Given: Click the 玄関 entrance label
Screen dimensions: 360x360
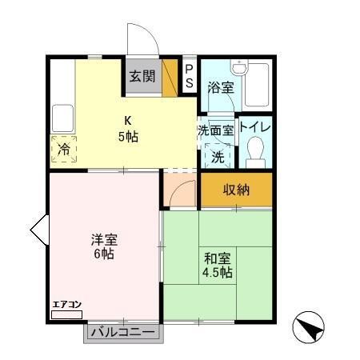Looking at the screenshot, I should click(143, 77).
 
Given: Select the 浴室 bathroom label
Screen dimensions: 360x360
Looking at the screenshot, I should click(220, 87).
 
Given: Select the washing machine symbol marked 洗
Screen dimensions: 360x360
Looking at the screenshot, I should click(218, 156).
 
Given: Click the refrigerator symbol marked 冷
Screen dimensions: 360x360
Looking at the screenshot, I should click(63, 150).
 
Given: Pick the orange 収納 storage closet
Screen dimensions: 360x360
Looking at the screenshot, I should click(236, 190).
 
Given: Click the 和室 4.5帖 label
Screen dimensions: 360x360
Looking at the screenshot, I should click(217, 265).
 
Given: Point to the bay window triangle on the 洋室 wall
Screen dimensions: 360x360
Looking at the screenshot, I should click(39, 231).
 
